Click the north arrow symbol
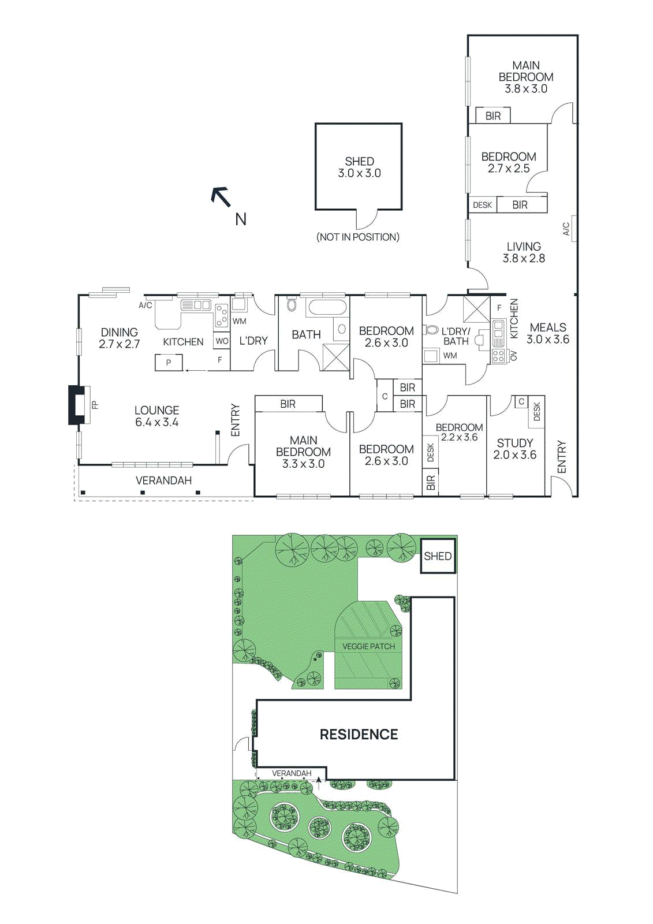(221, 197)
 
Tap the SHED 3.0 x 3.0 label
(359, 167)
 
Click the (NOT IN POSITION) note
(358, 237)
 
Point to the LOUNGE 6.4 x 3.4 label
(156, 416)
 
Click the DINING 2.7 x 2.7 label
(119, 338)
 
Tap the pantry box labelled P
(169, 363)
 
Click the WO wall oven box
(222, 341)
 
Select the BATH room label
(306, 334)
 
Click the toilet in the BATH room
(292, 304)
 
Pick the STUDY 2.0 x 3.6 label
(514, 449)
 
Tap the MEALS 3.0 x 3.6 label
(547, 333)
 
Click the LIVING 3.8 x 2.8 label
(524, 252)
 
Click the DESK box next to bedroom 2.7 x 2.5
(482, 205)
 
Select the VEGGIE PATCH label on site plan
(368, 646)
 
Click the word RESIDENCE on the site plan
(359, 735)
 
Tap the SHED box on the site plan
(438, 556)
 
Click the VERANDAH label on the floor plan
(163, 480)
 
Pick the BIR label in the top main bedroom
(493, 116)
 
